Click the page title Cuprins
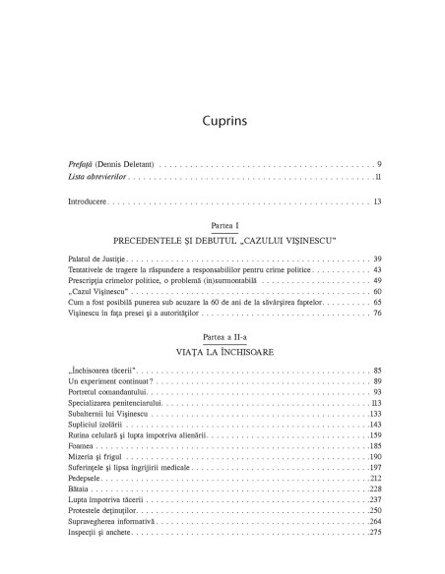(222, 123)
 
